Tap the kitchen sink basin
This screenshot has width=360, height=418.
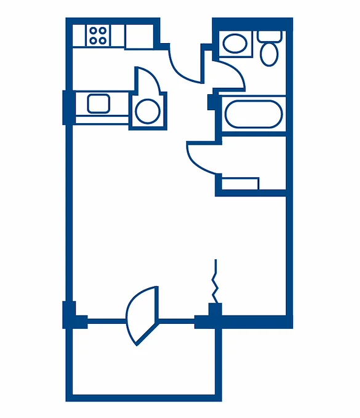[x=98, y=103]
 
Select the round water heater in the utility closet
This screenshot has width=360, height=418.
[x=146, y=111]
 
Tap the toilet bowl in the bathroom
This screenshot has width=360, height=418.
[x=269, y=54]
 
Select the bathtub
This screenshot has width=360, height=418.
[x=253, y=114]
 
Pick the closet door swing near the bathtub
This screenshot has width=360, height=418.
[x=201, y=158]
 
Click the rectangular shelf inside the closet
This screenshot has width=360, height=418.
[x=241, y=183]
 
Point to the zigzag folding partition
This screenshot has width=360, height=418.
[x=215, y=280]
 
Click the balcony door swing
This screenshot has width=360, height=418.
[x=143, y=315]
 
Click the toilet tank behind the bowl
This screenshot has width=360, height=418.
[x=270, y=36]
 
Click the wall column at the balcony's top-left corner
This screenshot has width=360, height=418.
[x=70, y=315]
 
